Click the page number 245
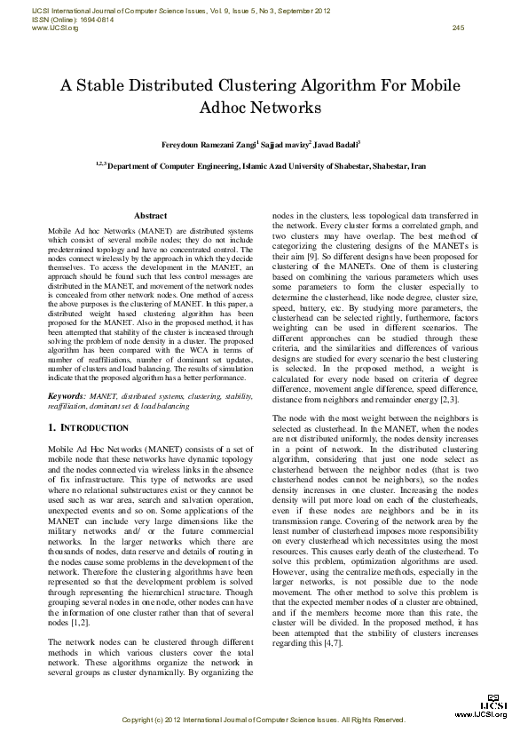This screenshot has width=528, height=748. tap(458, 28)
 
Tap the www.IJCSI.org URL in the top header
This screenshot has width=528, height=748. tap(55, 28)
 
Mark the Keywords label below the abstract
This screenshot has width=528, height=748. tap(67, 394)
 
